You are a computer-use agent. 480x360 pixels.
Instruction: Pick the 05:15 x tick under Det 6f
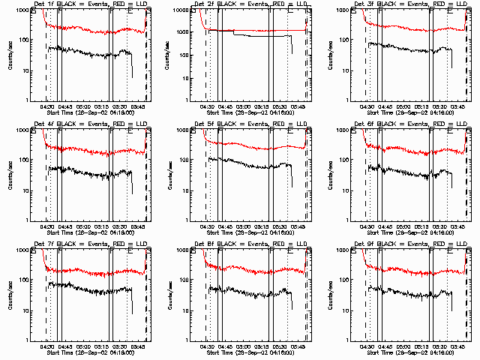coord(421,226)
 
